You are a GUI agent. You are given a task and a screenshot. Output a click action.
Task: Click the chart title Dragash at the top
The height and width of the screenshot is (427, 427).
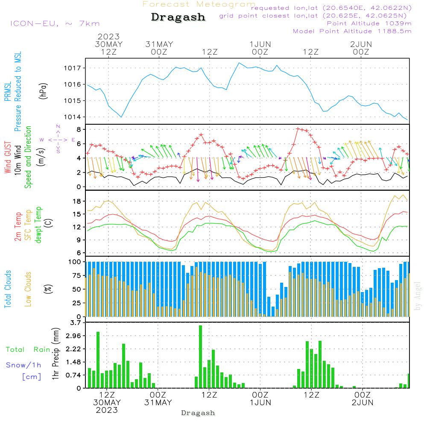click(x=178, y=18)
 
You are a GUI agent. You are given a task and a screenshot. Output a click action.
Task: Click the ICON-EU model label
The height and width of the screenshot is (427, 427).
click(x=55, y=23)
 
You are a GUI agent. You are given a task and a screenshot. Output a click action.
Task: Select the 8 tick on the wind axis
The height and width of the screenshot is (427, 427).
click(x=79, y=129)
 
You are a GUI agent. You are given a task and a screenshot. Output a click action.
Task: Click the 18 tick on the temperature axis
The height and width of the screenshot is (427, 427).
click(x=77, y=201)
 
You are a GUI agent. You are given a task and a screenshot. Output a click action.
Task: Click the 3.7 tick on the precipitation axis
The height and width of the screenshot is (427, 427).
click(x=76, y=323)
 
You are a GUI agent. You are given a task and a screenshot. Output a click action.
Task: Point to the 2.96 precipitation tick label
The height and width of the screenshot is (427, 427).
click(x=73, y=336)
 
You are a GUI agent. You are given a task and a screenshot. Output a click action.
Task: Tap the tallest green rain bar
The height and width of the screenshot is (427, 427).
click(x=200, y=357)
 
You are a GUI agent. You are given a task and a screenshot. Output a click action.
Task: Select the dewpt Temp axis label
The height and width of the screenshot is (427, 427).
click(x=38, y=225)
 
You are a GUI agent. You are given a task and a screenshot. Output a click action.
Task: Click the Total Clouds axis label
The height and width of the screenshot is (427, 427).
click(x=8, y=289)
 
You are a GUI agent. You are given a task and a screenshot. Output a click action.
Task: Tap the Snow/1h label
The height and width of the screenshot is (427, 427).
click(x=23, y=365)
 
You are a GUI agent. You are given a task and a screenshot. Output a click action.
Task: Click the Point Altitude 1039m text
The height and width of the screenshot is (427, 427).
click(x=369, y=23)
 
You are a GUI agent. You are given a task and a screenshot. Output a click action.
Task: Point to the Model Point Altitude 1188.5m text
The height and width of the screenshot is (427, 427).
click(x=352, y=31)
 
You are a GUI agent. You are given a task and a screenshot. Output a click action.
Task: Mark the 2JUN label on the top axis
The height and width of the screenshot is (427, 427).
click(x=361, y=44)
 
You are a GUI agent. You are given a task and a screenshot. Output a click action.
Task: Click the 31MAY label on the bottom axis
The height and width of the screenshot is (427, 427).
click(x=158, y=402)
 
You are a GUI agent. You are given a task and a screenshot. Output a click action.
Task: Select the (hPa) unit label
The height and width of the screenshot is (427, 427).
click(x=43, y=91)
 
